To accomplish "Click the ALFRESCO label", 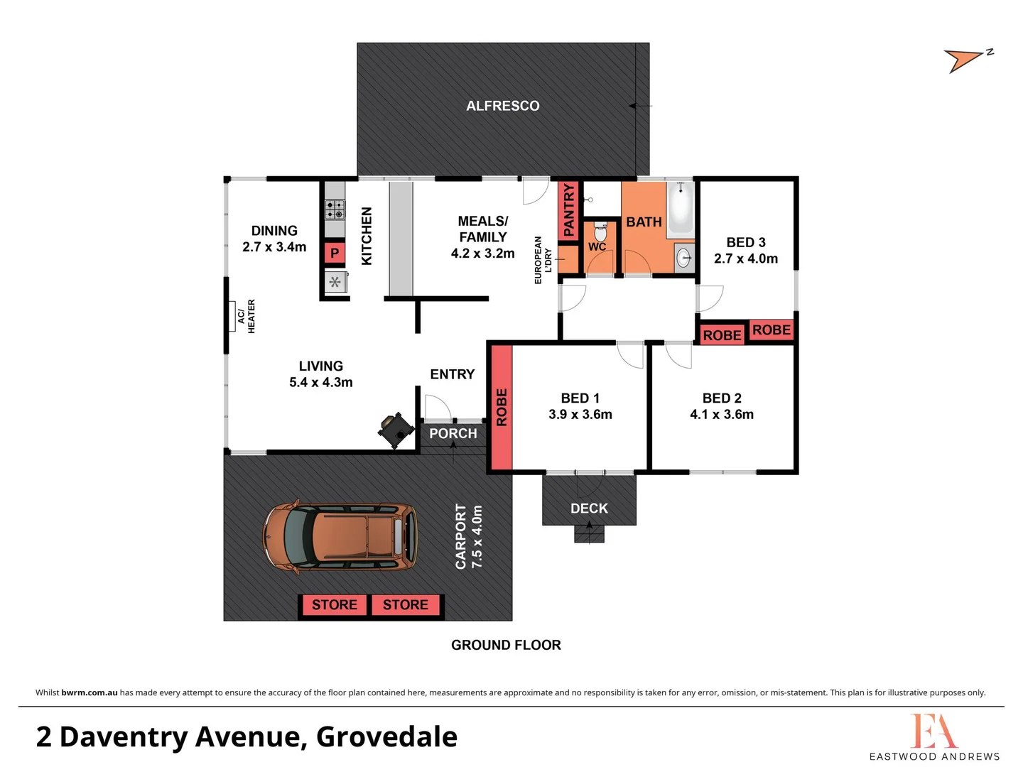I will click(502, 106).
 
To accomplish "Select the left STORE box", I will click(334, 605).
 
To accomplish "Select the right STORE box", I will click(406, 605).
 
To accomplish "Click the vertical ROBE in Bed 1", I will click(502, 407).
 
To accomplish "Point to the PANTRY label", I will click(568, 210).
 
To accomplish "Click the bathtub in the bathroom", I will click(681, 207).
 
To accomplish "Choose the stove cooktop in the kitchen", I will click(335, 210).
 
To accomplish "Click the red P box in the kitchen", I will click(335, 254).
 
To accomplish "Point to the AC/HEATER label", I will click(246, 316).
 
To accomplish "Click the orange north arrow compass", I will click(965, 60).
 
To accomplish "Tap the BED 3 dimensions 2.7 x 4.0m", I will click(745, 259).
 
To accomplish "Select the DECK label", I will click(589, 508).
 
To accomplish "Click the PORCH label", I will click(453, 433).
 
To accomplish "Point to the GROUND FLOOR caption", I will click(506, 645).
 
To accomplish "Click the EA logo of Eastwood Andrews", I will click(933, 731).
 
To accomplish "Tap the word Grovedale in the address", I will click(386, 736).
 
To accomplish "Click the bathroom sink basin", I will click(683, 258).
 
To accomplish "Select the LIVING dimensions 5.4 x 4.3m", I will click(320, 382).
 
